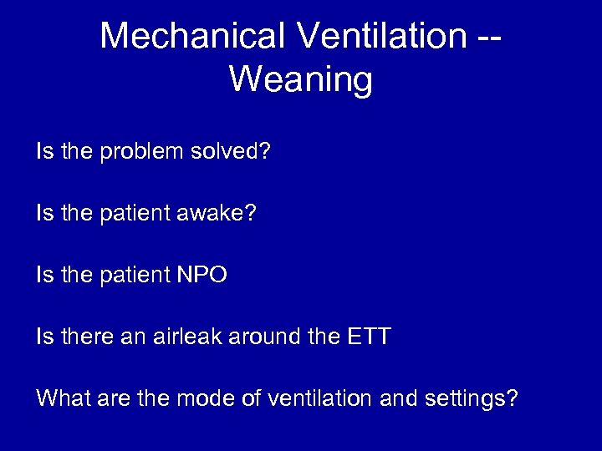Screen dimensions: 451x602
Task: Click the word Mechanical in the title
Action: tap(195, 36)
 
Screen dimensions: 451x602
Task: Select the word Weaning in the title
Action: tap(300, 80)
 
